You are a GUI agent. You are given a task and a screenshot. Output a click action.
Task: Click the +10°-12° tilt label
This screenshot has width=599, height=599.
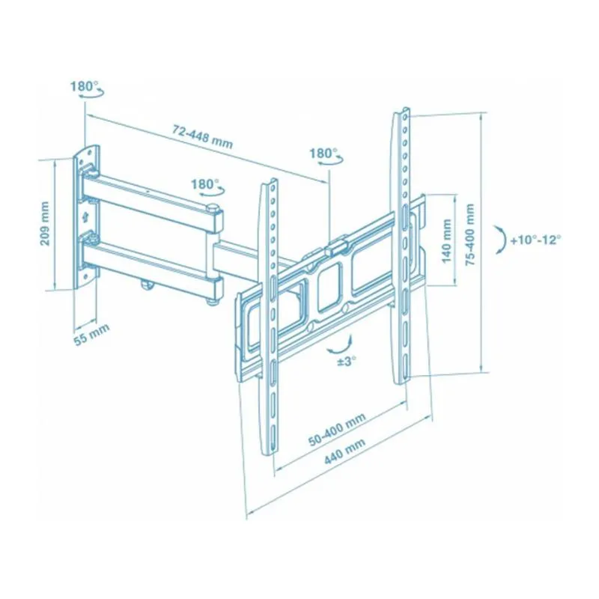pyautogui.click(x=535, y=241)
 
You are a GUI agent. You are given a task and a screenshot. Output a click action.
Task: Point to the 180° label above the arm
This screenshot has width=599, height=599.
pyautogui.click(x=204, y=183)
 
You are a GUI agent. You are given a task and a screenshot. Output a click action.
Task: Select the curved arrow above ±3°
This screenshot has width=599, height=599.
pyautogui.click(x=341, y=343)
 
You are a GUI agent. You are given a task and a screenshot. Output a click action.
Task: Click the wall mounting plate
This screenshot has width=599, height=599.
pyautogui.click(x=86, y=217)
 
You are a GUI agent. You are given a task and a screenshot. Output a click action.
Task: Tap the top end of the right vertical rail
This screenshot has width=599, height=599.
pyautogui.click(x=403, y=114)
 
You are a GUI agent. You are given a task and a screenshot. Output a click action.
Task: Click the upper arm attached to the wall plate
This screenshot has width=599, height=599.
pyautogui.click(x=150, y=195)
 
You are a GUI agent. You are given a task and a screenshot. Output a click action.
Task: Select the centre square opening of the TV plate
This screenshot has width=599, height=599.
pyautogui.click(x=328, y=288)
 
